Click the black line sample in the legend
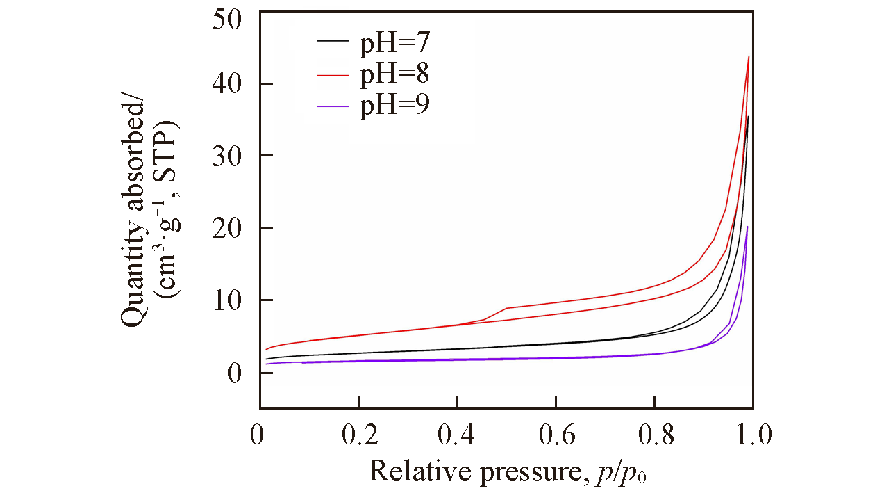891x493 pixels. pos(333,42)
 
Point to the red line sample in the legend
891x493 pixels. pos(333,74)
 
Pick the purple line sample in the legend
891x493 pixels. pos(333,105)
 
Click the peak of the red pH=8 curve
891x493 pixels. pos(749,56)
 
